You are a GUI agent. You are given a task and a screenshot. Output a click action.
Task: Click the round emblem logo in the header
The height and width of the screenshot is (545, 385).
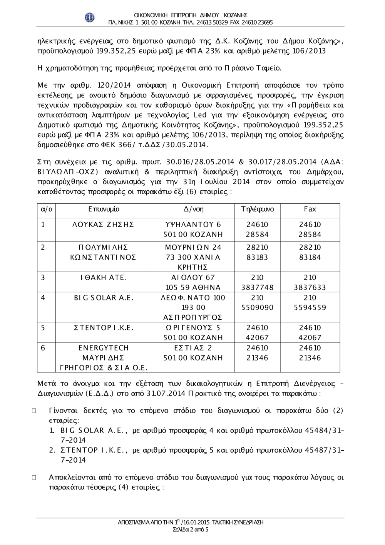tap(89, 18)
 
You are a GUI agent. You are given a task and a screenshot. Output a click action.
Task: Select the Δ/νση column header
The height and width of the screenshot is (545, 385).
tap(194, 209)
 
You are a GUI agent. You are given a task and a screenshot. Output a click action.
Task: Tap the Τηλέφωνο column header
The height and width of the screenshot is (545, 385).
tap(257, 209)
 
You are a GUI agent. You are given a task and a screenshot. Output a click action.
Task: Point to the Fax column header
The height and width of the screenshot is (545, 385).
tap(310, 209)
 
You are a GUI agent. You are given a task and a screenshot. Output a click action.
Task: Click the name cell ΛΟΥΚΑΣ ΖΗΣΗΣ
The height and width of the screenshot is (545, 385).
tap(104, 225)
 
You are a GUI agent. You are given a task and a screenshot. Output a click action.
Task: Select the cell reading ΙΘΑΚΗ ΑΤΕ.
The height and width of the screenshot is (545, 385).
tap(104, 277)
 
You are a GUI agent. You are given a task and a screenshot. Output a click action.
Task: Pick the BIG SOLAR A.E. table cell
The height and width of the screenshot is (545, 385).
tap(104, 298)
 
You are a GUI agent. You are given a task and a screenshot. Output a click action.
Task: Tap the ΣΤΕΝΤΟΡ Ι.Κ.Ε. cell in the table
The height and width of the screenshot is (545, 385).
tap(104, 328)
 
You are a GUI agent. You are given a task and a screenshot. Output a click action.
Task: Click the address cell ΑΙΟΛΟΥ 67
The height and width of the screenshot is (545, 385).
tap(194, 277)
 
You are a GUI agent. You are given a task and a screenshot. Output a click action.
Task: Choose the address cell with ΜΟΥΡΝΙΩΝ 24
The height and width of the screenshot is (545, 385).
tap(194, 247)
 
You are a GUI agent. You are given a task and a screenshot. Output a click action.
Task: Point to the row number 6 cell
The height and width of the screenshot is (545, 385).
tap(43, 348)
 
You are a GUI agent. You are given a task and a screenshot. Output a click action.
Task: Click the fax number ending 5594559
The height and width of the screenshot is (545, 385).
tap(310, 307)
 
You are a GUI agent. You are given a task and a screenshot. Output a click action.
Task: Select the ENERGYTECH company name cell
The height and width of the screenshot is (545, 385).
tap(104, 348)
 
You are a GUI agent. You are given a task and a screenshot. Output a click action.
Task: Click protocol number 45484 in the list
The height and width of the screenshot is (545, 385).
tap(315, 430)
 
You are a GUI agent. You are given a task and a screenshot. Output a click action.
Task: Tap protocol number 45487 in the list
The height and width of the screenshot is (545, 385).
tap(315, 450)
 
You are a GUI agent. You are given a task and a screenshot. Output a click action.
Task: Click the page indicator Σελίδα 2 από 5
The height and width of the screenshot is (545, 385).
tap(191, 530)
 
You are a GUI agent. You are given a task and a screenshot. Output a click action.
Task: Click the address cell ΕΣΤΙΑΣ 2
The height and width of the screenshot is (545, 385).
tap(194, 348)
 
